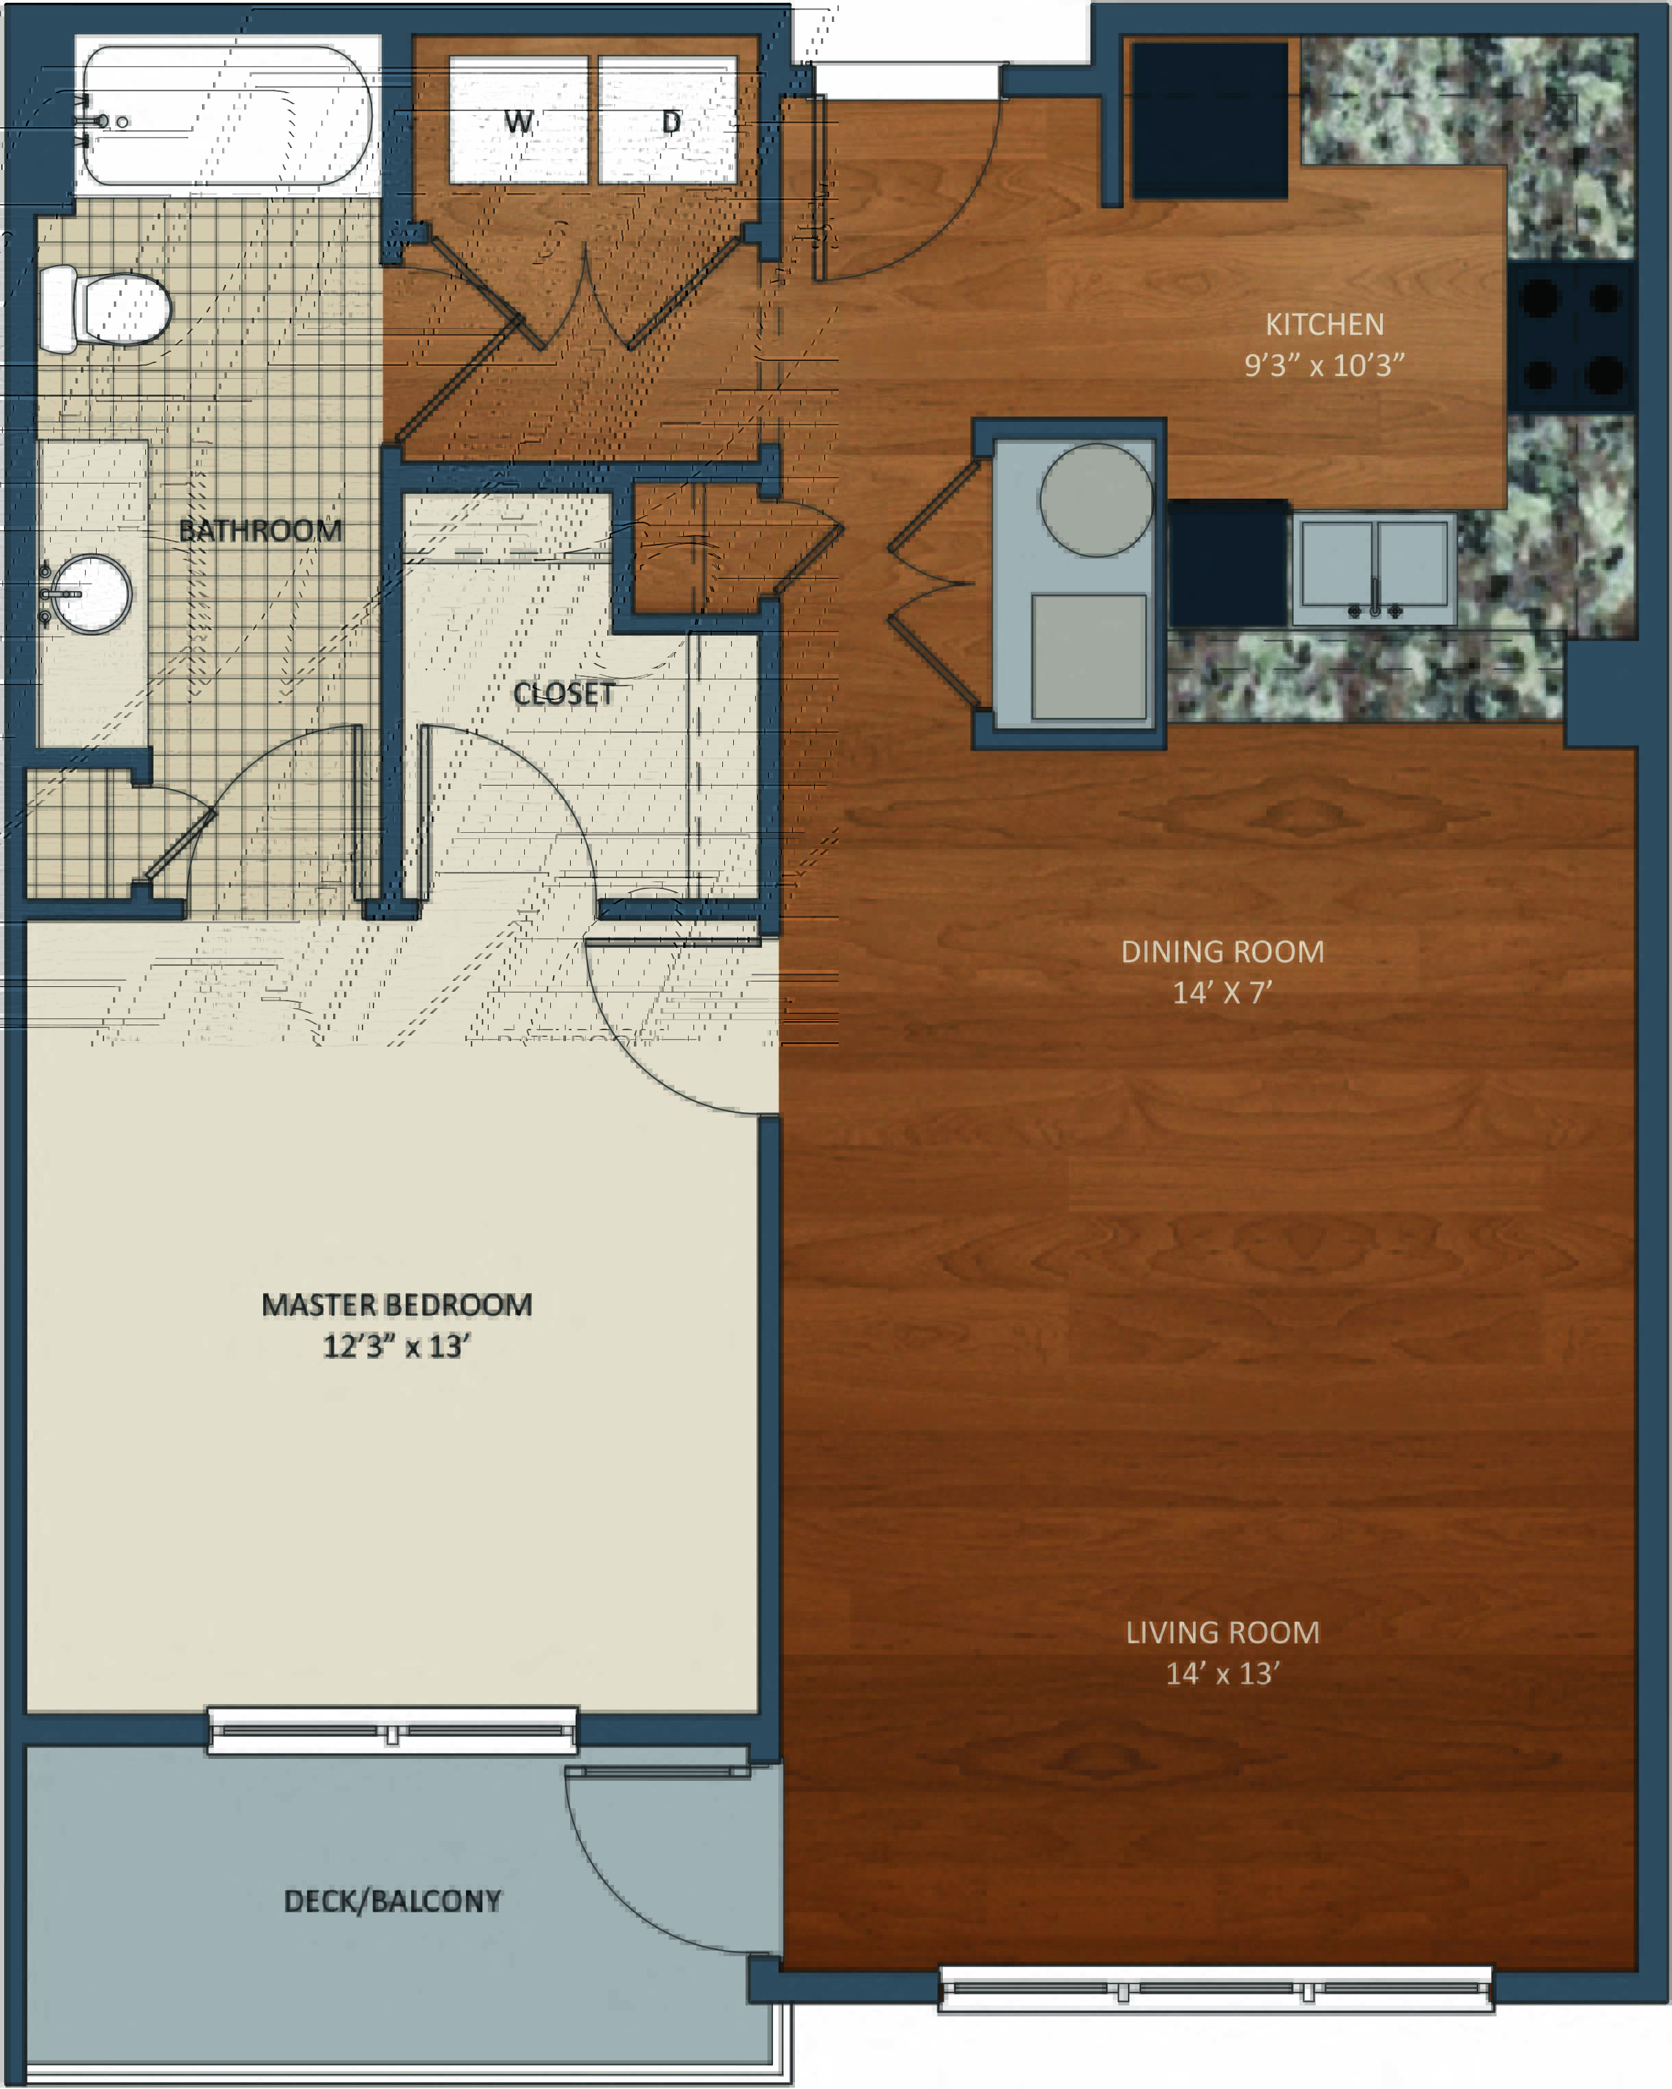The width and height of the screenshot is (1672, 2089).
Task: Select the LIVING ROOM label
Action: [x=1222, y=1633]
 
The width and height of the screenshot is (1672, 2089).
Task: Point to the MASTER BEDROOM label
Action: [x=397, y=1305]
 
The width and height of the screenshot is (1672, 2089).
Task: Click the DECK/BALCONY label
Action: [x=393, y=1901]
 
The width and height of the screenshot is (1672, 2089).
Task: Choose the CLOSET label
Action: [x=563, y=694]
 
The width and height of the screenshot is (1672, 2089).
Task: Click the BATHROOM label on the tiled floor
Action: [x=260, y=531]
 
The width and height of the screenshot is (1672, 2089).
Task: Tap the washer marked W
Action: [x=519, y=119]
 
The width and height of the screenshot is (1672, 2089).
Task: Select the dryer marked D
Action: [x=668, y=119]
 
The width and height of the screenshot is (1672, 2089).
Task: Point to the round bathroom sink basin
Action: [x=91, y=593]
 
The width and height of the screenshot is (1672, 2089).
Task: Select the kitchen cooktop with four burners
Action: [x=1571, y=337]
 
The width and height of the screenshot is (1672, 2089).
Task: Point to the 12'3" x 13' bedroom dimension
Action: [x=397, y=1347]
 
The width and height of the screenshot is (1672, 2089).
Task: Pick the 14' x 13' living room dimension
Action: [x=1222, y=1673]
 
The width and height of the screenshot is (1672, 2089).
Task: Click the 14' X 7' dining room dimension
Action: [x=1222, y=993]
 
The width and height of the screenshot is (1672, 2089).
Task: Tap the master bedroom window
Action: [x=393, y=1731]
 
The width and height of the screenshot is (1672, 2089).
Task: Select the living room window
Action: [x=1216, y=1989]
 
